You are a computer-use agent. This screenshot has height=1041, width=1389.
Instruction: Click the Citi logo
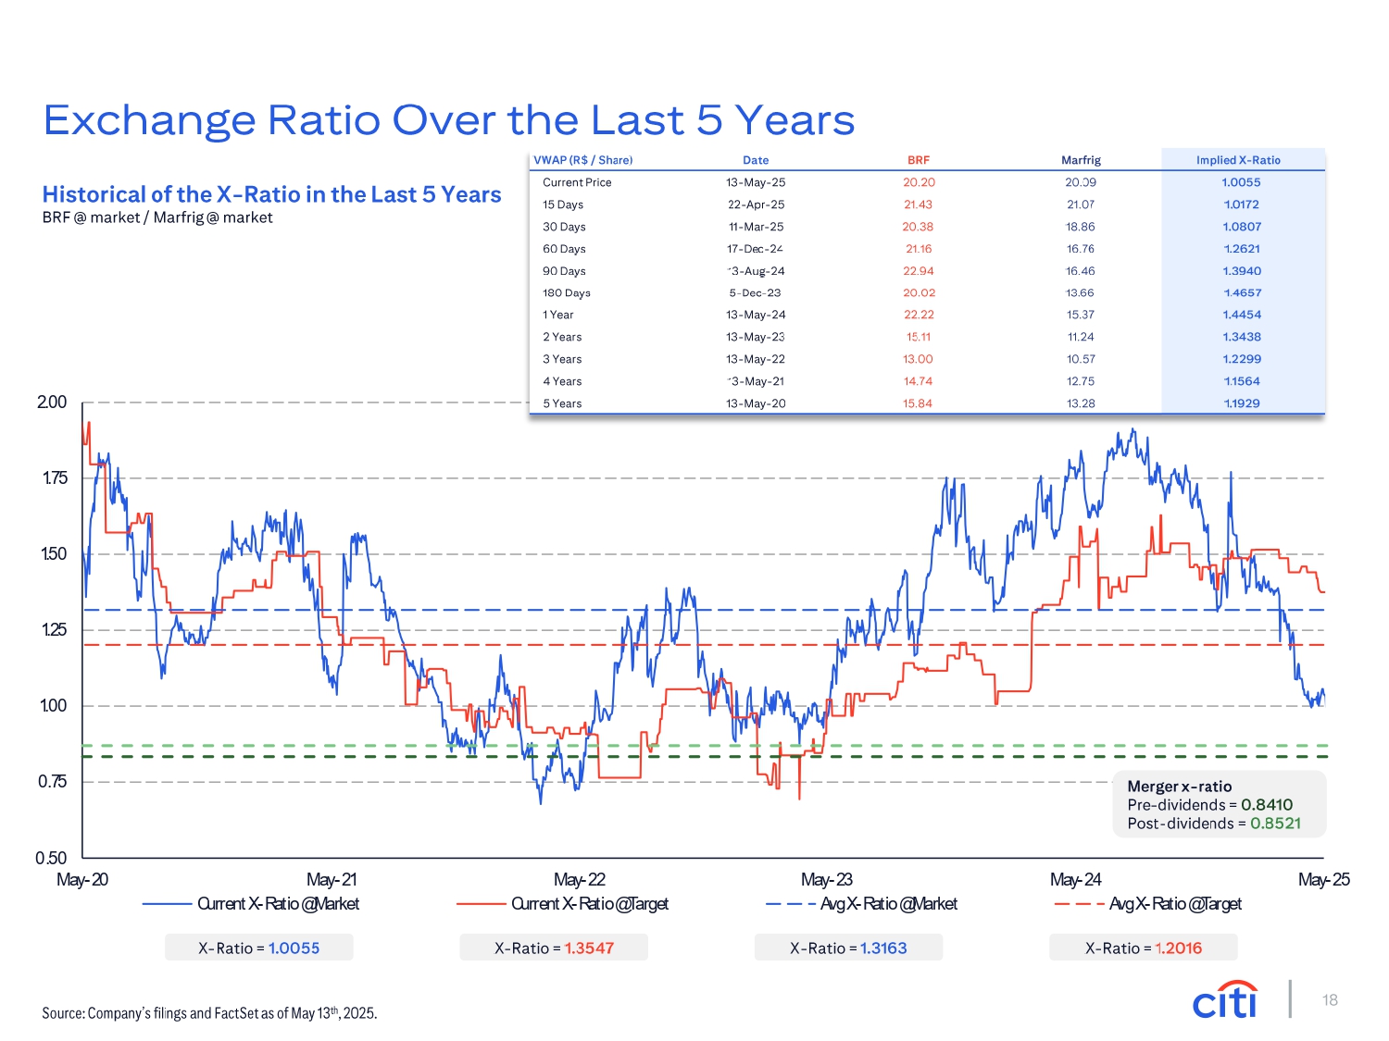tap(1225, 999)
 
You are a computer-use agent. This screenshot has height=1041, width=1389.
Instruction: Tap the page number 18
tap(1330, 1000)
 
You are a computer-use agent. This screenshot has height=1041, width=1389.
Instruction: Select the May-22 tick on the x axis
tap(580, 879)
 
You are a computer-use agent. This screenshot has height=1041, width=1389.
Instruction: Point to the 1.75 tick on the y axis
tap(54, 478)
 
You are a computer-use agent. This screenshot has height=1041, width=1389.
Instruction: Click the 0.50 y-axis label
tap(52, 858)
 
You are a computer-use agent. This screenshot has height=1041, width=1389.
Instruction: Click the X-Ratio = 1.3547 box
tap(554, 948)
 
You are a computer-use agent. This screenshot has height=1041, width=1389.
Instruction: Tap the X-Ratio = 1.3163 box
tap(848, 948)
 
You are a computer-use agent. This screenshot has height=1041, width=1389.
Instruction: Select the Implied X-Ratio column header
tap(1238, 160)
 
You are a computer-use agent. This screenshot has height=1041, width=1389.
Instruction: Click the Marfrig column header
tap(1081, 160)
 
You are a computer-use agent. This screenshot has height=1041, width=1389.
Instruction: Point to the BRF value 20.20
tap(919, 182)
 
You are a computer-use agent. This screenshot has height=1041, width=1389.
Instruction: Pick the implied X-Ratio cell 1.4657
tap(1242, 292)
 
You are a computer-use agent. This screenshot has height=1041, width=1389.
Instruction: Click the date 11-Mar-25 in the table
tap(756, 227)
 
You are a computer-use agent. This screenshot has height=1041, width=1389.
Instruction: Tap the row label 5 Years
tap(562, 403)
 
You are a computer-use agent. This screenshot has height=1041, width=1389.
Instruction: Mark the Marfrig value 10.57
tap(1081, 359)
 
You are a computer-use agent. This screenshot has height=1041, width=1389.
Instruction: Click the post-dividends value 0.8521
tap(1275, 824)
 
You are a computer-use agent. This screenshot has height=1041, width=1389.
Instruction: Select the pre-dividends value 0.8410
tap(1267, 805)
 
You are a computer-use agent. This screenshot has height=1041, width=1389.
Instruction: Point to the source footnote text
tap(209, 1013)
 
